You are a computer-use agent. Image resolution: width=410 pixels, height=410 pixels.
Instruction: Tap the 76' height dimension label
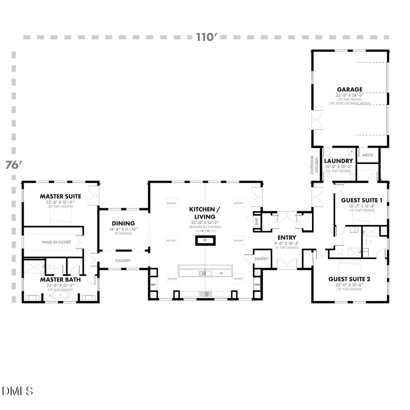[x=14, y=165]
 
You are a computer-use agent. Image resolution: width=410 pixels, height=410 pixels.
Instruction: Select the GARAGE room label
[x=349, y=89]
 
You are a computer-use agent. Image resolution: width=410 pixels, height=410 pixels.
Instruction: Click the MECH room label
[x=368, y=155]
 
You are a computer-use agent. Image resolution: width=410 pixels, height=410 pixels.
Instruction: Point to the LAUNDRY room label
[x=338, y=161]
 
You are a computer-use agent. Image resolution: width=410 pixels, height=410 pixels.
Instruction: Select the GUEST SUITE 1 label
[x=362, y=200]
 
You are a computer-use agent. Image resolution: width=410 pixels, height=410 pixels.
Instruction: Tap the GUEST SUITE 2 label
[x=349, y=279]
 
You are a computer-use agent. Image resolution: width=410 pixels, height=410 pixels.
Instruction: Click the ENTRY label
[x=287, y=237]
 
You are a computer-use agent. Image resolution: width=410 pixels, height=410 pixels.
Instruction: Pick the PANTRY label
[x=261, y=259]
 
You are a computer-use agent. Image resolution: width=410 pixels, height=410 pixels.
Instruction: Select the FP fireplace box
[x=205, y=241]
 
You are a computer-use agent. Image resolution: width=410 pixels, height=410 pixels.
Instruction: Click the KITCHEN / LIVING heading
[x=205, y=213]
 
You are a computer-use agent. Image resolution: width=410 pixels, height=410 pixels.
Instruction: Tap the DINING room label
[x=123, y=223]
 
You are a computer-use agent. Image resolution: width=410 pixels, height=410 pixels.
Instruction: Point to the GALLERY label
[x=123, y=261]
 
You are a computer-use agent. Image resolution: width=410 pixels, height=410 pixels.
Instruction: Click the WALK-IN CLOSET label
[x=56, y=242]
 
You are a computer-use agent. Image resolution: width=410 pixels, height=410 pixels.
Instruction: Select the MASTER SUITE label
[x=60, y=196]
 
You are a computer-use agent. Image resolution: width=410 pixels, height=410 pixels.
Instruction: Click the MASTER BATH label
[x=60, y=279]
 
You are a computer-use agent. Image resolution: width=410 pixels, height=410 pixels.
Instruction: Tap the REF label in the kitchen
[x=154, y=285]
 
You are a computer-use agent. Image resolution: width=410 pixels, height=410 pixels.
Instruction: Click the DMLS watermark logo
[x=17, y=391]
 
